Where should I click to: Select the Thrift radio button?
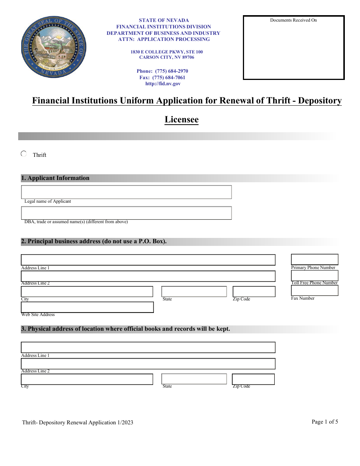tap(23, 154)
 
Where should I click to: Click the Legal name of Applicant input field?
tap(126, 192)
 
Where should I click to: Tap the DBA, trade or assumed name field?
tap(126, 213)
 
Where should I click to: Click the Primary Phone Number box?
tap(314, 260)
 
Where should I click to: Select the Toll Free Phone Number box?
tap(314, 275)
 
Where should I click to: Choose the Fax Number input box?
tap(314, 291)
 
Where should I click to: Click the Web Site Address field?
tap(87, 307)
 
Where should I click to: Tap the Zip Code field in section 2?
tap(254, 292)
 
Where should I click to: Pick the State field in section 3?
tap(194, 379)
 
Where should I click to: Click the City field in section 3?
tap(87, 379)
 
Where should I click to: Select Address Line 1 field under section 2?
tap(148, 260)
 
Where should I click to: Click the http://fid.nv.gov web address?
tap(163, 84)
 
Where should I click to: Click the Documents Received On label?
tap(293, 20)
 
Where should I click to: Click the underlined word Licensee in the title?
tap(182, 120)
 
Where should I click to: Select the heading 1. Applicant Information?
tap(55, 178)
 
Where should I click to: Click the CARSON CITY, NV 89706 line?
tap(166, 58)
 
